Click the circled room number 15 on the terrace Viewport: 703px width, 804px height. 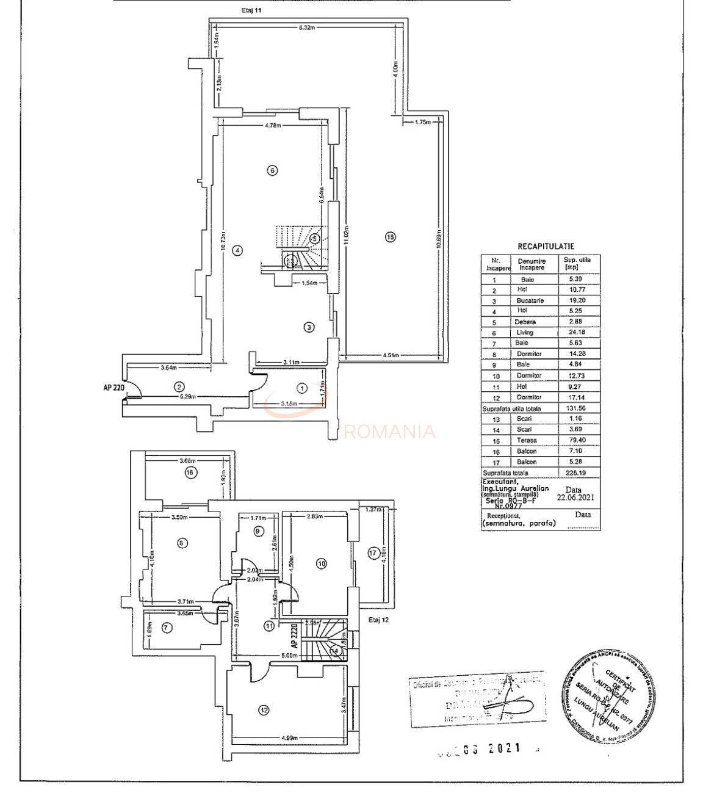(391, 237)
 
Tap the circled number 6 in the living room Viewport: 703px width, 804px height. (273, 170)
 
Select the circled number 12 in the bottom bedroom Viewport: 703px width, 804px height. (264, 710)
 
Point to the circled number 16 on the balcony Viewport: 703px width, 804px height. (191, 473)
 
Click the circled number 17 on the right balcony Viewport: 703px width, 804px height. (373, 553)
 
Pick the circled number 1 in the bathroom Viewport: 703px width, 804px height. (301, 388)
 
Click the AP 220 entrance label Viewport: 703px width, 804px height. (114, 387)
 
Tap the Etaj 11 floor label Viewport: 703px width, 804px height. (252, 10)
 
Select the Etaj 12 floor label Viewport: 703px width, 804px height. (378, 620)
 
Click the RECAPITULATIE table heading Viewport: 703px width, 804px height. (546, 247)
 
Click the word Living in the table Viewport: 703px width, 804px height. (525, 333)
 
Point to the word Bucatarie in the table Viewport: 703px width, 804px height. (530, 300)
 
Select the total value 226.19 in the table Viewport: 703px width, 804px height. (574, 473)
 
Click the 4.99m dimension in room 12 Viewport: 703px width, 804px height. (290, 738)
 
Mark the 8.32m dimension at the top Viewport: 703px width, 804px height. (307, 28)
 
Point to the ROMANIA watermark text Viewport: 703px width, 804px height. (391, 432)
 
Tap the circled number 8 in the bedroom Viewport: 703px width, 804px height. (182, 543)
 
